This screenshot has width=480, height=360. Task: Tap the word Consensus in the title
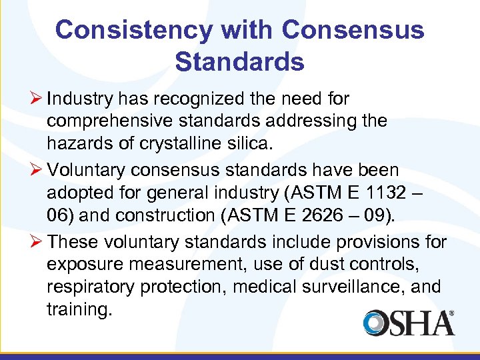353,30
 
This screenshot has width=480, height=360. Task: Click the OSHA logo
409,322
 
